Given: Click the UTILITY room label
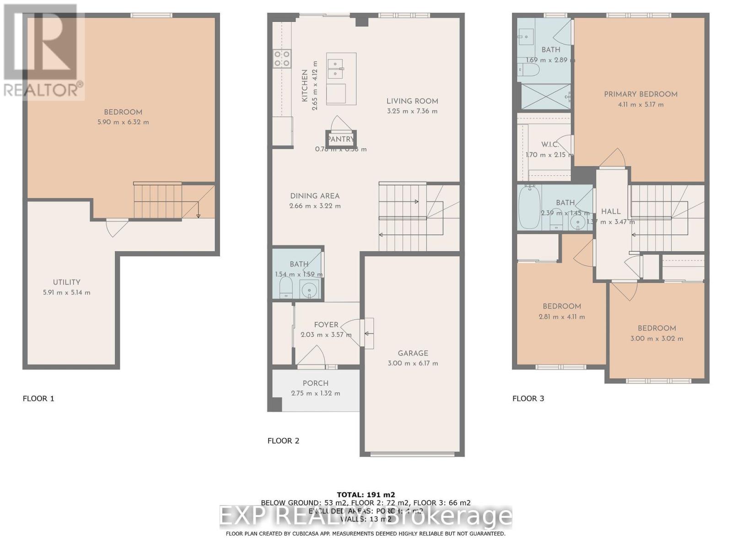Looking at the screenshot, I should click(66, 282).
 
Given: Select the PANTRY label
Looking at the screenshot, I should click(341, 139).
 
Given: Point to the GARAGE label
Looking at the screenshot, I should click(413, 353).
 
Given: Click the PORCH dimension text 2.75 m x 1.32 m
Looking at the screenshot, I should click(315, 393).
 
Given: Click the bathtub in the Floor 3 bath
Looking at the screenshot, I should click(529, 207).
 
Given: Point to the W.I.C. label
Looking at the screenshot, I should click(549, 145).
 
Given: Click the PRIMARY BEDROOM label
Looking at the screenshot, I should click(640, 94).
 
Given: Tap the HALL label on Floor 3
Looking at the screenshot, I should click(610, 211).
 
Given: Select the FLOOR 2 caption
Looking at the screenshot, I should click(283, 441).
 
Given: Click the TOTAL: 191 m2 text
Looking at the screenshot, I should click(366, 495).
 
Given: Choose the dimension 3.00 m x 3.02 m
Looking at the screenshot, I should click(657, 339).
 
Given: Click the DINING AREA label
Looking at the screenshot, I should click(315, 196).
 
